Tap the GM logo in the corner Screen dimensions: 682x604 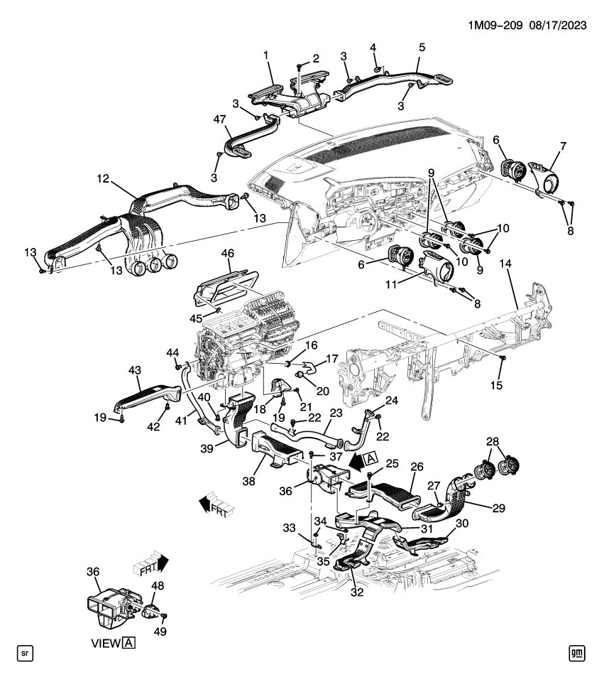click(576, 651)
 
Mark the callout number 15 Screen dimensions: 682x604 click(498, 385)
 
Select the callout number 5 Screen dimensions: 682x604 click(422, 48)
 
